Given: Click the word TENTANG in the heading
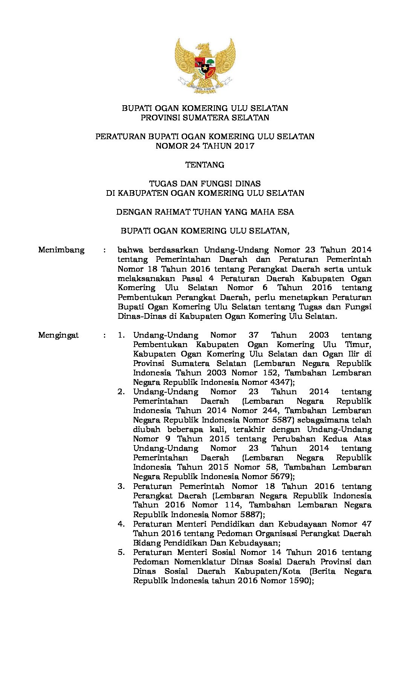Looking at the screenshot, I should (x=205, y=165).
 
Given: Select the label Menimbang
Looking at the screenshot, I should (x=61, y=250).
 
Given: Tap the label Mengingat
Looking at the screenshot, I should (x=58, y=335).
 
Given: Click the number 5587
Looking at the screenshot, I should (x=282, y=420).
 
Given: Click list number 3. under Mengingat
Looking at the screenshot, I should (x=121, y=486).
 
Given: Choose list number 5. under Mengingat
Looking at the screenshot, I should (x=121, y=552).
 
